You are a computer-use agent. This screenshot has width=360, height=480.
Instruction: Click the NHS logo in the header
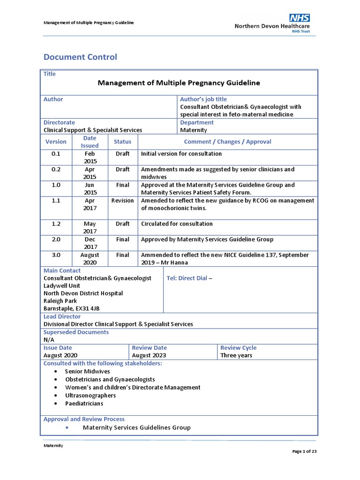[x=300, y=18]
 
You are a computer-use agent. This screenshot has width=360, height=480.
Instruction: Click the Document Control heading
[x=80, y=57]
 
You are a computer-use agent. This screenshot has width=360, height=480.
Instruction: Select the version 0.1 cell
[x=56, y=154]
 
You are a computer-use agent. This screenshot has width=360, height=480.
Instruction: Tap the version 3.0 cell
[x=56, y=255]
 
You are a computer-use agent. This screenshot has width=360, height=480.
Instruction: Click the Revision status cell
[x=122, y=201]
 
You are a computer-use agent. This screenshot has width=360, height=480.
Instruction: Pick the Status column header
[x=122, y=142]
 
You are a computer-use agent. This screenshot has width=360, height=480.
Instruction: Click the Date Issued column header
[x=90, y=142]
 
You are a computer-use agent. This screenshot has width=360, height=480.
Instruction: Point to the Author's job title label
[x=203, y=99]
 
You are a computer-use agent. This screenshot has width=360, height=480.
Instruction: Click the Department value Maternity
[x=194, y=130]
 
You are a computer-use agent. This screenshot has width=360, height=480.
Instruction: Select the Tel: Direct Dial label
[x=187, y=278]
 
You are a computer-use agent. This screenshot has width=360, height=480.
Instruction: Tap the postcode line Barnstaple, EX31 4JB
[x=71, y=308]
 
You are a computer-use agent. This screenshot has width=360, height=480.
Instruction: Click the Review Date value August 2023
[x=150, y=355]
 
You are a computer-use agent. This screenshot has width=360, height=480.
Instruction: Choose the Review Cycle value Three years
[x=236, y=355]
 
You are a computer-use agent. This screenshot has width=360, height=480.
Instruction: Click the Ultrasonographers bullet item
[x=90, y=395]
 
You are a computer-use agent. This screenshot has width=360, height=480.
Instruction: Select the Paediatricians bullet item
[x=84, y=403]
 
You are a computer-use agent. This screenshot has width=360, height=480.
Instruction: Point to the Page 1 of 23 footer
[x=305, y=451]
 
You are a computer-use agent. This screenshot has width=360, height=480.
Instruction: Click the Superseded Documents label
[x=76, y=332]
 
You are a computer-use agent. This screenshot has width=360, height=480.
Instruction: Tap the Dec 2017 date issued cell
[x=90, y=243]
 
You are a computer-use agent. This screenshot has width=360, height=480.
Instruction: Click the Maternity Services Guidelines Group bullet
[x=136, y=427]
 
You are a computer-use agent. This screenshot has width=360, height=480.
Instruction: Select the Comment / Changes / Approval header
[x=227, y=142]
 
